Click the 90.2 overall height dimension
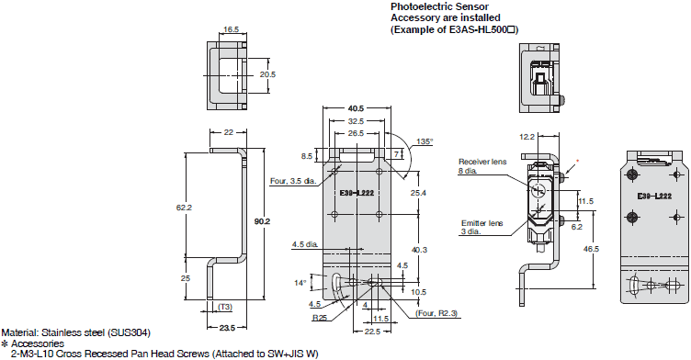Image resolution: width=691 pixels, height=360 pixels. point(262,221)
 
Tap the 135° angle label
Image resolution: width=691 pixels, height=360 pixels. point(425,141)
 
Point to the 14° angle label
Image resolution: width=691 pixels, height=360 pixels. point(300,283)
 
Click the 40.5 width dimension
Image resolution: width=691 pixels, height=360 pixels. point(356,108)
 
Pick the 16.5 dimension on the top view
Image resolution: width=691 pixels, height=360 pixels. point(231,29)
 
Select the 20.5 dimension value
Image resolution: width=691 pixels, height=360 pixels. point(267,74)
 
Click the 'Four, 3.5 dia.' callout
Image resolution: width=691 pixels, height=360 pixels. point(293,181)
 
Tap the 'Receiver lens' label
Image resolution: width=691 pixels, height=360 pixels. point(482,162)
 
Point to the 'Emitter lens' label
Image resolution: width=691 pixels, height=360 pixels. point(482,223)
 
